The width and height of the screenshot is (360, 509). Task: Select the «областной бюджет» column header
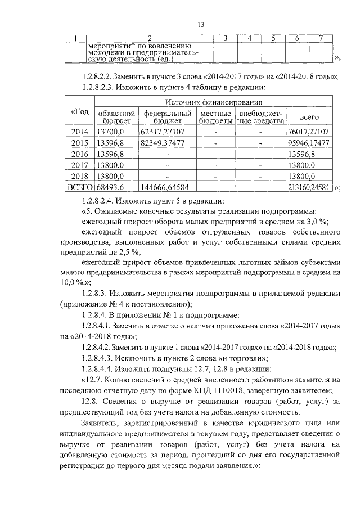[x=117, y=116]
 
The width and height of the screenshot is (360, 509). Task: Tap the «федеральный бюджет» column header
[x=166, y=116]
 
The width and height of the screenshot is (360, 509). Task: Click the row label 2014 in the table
[x=80, y=132]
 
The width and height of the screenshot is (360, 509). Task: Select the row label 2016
[x=80, y=154]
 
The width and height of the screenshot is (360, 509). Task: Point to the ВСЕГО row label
[x=81, y=187]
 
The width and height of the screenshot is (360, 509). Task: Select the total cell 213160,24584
[x=307, y=187]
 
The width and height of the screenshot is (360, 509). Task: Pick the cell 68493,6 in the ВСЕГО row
[x=110, y=187]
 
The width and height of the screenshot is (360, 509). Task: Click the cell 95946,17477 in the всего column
[x=307, y=143]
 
